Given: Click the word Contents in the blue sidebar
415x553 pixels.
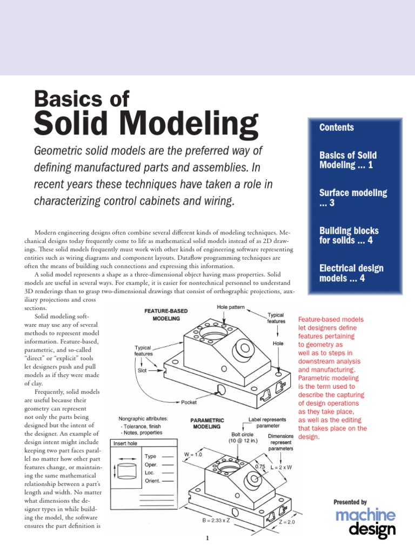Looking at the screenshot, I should [x=337, y=127].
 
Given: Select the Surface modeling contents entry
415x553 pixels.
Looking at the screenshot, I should [x=353, y=197].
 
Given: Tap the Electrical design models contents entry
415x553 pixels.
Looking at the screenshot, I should [x=351, y=273].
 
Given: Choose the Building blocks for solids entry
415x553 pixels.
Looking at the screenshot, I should [x=349, y=235].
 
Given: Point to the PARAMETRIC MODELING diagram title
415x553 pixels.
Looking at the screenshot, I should [x=207, y=423].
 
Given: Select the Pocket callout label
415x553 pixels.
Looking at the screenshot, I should [x=189, y=402].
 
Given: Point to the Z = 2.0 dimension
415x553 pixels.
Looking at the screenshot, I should [x=287, y=522].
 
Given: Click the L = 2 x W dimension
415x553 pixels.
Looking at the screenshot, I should [x=280, y=467].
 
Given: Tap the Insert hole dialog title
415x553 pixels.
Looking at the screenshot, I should [x=125, y=443].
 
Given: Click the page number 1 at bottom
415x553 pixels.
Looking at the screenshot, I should [x=207, y=538].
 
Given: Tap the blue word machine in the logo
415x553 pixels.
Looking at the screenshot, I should [x=365, y=515].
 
